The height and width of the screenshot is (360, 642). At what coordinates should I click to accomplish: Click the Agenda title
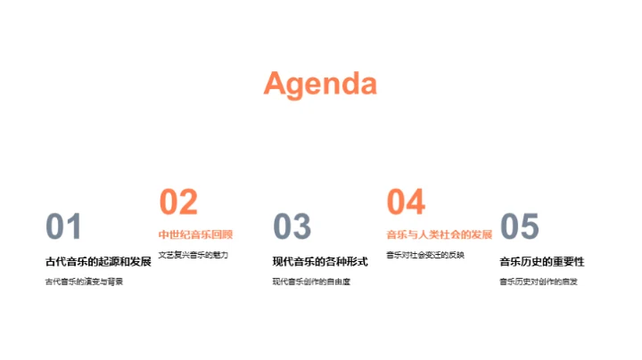pos(320,84)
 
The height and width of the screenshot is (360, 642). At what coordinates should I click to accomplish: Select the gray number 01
pos(63,228)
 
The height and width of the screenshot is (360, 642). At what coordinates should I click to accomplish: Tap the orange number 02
pos(178,203)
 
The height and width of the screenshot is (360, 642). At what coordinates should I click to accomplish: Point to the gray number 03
pos(292,228)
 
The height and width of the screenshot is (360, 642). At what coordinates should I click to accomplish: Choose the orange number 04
pos(406,203)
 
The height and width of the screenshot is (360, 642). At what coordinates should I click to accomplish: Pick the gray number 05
pos(520,228)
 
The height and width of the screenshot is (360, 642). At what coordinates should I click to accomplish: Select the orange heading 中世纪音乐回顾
pos(195,235)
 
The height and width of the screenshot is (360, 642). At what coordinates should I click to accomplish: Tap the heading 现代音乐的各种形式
pos(320,262)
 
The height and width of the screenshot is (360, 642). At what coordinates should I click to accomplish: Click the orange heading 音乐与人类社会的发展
pos(439,235)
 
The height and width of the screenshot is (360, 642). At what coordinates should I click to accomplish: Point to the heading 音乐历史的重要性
pos(541,262)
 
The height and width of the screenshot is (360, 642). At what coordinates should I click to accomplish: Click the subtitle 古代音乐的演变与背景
pos(84,282)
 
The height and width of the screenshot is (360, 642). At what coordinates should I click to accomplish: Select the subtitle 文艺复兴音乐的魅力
pos(193,256)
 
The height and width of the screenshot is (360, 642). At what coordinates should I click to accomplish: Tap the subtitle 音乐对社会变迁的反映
pos(425,256)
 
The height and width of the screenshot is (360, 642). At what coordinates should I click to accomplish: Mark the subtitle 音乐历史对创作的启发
pos(539,282)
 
